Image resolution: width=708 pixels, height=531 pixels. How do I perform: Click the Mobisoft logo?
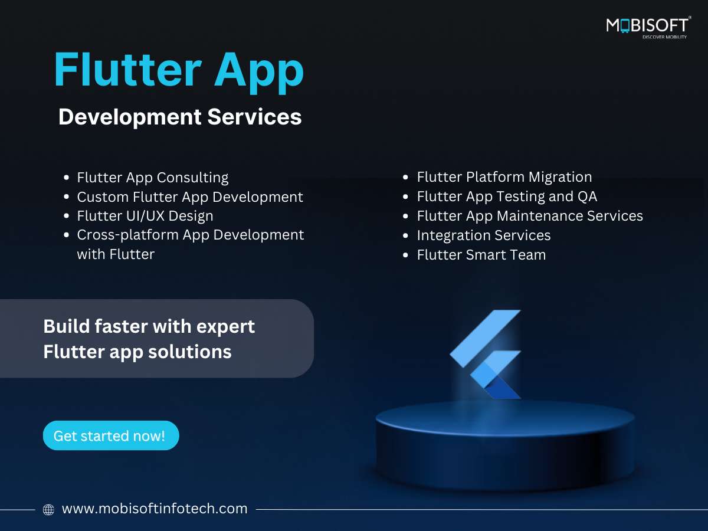(x=648, y=27)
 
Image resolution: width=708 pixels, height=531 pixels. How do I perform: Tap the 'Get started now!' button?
(x=111, y=435)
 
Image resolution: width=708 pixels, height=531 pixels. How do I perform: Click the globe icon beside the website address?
(x=49, y=510)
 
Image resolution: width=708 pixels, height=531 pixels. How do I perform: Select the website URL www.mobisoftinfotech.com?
(x=155, y=509)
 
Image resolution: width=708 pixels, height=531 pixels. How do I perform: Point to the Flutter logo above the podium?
(x=485, y=355)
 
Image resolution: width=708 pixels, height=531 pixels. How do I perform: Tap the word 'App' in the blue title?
(x=259, y=73)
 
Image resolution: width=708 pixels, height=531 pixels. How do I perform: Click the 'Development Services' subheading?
(x=180, y=117)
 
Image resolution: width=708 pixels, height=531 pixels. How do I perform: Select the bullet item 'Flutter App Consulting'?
(x=153, y=178)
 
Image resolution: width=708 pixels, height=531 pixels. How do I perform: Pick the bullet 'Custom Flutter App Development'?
(x=190, y=197)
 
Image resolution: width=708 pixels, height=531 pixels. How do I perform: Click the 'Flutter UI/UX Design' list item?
(x=145, y=216)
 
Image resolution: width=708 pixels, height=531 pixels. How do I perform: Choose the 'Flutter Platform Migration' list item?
(x=504, y=177)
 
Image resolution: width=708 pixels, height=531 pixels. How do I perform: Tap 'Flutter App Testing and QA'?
(x=507, y=196)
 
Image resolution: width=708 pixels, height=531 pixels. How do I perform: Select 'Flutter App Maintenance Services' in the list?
(x=530, y=216)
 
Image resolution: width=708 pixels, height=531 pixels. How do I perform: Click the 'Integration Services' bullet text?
(x=484, y=235)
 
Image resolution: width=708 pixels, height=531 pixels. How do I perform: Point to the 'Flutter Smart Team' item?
(x=481, y=255)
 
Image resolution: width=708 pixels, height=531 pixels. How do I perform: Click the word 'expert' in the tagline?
(x=225, y=327)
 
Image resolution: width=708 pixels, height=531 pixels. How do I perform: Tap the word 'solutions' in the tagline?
(x=189, y=352)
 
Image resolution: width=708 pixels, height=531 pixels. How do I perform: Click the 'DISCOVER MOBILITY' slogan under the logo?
(x=664, y=37)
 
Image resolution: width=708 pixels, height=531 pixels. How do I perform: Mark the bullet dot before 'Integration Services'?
(x=405, y=235)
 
